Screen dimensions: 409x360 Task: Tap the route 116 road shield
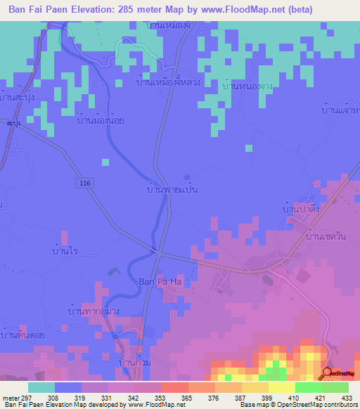(84, 183)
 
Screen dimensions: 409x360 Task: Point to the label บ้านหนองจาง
(247, 86)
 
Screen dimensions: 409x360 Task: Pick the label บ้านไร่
(65, 249)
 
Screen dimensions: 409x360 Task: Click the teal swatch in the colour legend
(41, 387)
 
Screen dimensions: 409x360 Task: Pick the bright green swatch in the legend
(335, 387)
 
